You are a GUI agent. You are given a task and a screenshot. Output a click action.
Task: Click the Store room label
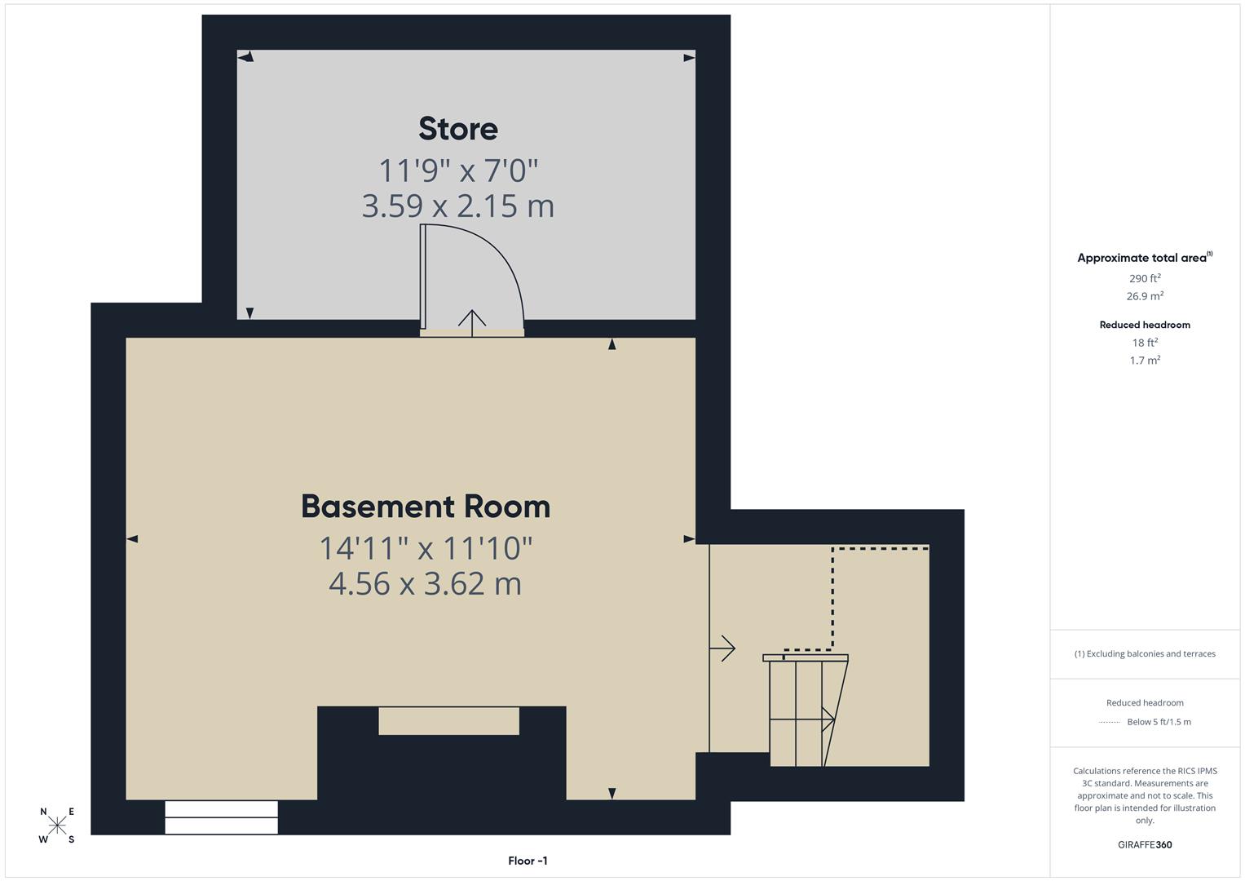458,129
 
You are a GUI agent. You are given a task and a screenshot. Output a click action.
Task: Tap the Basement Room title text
426,507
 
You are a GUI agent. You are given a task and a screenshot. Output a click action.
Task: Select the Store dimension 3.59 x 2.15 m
458,206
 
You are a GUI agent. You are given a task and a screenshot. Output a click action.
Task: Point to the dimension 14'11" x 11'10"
426,548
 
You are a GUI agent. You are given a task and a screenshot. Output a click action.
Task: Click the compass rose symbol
57,826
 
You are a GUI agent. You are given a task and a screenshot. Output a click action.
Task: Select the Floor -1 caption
528,861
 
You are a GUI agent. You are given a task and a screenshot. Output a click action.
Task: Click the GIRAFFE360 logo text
1145,844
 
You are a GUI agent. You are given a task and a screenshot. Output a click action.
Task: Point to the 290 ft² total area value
1145,278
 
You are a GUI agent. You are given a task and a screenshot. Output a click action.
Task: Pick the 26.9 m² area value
1145,296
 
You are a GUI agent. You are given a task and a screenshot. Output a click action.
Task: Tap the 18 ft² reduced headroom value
1145,343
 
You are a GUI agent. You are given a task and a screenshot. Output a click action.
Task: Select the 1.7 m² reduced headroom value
1145,360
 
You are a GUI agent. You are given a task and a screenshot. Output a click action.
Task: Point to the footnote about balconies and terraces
1145,653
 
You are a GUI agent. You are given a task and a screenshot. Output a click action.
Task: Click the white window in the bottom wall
221,817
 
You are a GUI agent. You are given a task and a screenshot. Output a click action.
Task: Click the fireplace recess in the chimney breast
448,721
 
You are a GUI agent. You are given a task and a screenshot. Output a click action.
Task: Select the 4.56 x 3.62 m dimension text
426,584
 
